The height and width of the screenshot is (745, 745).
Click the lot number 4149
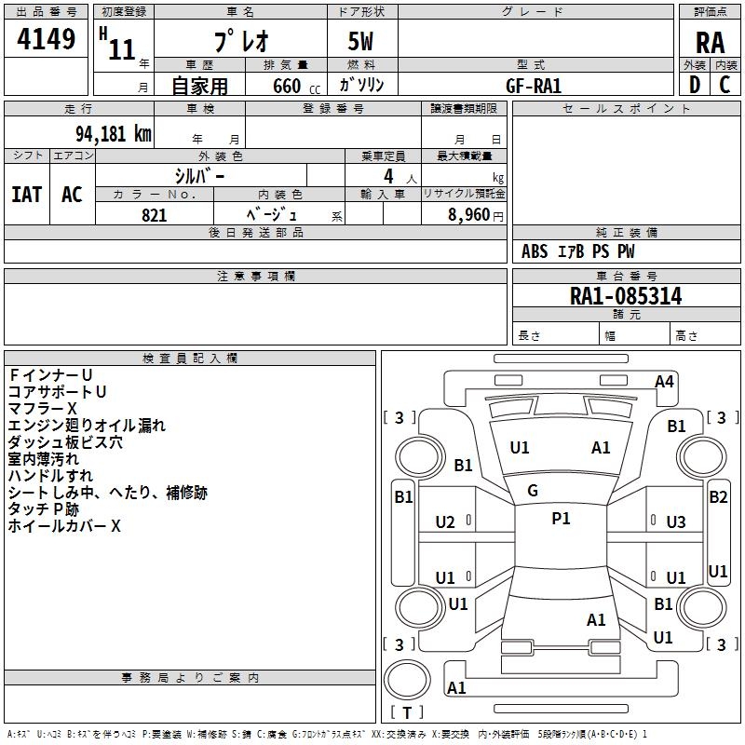point(47,40)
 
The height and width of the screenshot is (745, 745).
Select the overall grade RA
point(710,43)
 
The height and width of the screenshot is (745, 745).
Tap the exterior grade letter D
point(694,85)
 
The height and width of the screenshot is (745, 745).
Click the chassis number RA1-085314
point(626,297)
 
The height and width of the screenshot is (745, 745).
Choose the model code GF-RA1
point(534,85)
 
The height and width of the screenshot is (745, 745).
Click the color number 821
point(155,215)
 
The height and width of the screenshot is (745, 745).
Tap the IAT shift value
point(26,195)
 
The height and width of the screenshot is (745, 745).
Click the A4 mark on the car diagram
point(664,381)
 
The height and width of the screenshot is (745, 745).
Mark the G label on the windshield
point(533,491)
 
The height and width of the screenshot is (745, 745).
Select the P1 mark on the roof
point(561,519)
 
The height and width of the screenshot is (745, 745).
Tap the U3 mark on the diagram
point(676,522)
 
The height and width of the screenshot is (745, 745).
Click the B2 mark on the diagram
point(718,497)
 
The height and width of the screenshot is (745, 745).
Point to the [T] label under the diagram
point(407,713)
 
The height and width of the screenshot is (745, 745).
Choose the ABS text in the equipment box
point(535,251)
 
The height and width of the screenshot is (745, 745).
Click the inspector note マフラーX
point(43,409)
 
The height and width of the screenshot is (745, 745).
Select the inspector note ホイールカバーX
point(64,526)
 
